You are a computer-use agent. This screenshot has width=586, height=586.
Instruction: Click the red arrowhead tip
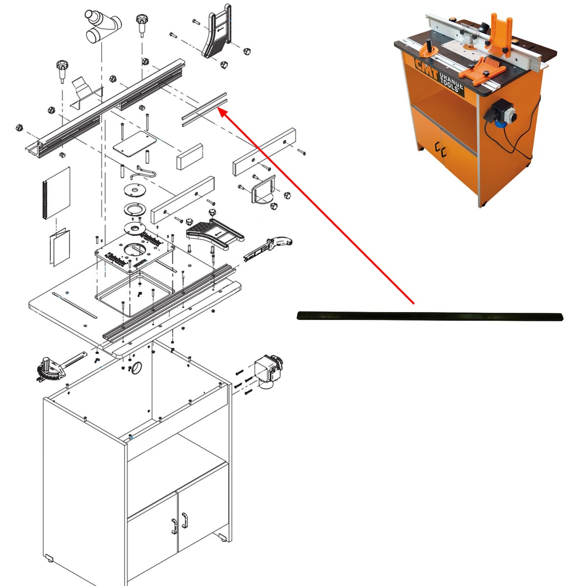point(219,109)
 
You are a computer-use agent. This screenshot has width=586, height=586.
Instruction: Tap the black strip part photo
point(430,316)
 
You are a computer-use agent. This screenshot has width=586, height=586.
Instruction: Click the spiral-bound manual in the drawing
point(57,193)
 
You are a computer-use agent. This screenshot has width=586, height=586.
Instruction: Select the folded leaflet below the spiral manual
point(60,247)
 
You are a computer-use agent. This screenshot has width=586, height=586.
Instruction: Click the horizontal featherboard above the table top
point(215,234)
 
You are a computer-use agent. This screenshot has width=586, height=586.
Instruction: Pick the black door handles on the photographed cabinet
point(440,149)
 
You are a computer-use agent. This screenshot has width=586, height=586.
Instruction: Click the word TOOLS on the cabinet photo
point(449,84)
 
